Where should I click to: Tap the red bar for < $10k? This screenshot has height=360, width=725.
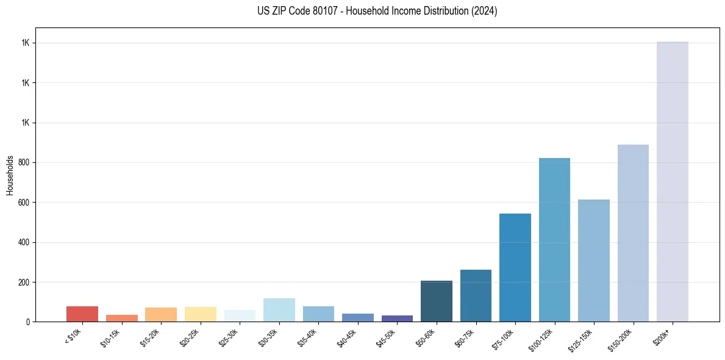82,314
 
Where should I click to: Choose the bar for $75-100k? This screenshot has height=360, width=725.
515,267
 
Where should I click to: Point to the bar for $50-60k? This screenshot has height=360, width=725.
437,301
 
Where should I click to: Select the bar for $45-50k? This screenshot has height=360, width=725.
397,319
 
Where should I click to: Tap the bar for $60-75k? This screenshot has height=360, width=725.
476,295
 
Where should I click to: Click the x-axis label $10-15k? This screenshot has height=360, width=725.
111,337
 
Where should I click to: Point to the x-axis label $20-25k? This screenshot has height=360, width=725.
190,337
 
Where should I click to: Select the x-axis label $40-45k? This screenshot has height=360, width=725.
347,337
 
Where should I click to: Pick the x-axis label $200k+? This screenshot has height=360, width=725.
662,335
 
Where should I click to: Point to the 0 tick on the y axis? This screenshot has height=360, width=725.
28,322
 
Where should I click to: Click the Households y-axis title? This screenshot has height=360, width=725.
10,175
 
